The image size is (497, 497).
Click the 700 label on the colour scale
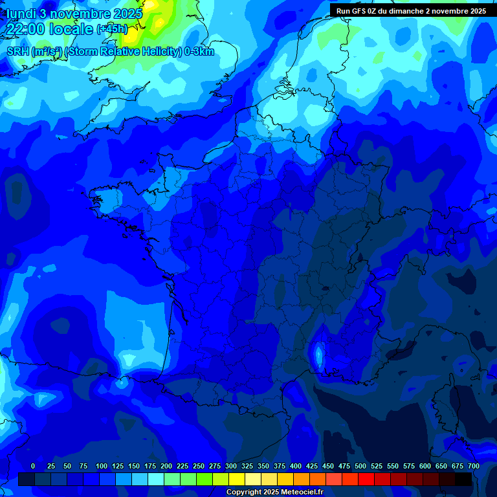click(473, 466)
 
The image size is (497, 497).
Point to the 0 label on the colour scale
click(33, 466)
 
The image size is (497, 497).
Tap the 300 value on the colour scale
click(231, 466)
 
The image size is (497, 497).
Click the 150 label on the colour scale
click(134, 466)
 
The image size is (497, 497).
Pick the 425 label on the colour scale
click(312, 466)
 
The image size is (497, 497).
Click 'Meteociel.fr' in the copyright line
click(302, 492)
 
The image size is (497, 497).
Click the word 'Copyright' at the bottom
click(244, 492)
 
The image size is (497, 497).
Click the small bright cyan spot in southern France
click(318, 355)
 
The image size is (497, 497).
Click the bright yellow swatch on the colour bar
click(237, 480)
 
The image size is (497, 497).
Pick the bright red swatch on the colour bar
click(366, 480)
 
